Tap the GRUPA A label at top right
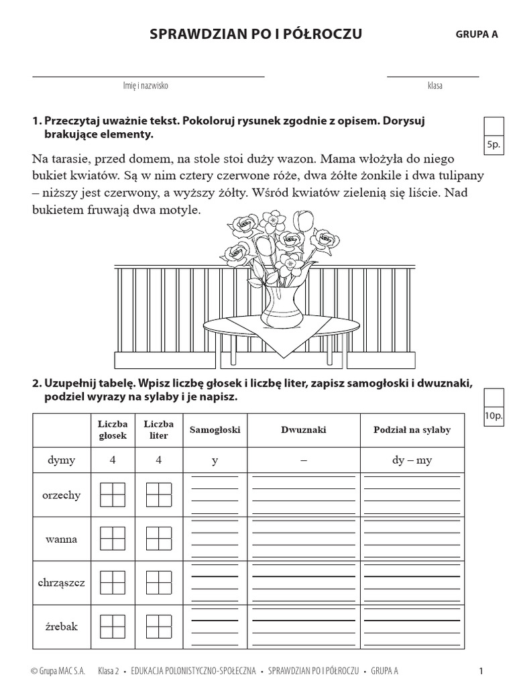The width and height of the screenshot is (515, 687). pos(477,35)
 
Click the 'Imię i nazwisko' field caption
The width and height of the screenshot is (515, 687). pos(146,86)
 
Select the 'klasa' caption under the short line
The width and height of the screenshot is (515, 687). pos(435,86)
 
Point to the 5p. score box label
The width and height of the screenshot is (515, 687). pos(493,145)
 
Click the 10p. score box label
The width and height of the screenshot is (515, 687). pos(493,416)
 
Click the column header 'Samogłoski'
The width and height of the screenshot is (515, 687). pos(214,430)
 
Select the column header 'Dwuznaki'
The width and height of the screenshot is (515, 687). pos(303,430)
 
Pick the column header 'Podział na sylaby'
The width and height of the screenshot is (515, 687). pos(412,430)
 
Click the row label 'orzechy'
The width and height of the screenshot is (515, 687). pos(61,495)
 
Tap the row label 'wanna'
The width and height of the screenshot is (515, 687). pos(61,539)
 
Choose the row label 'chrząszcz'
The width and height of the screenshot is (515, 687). pos(61,582)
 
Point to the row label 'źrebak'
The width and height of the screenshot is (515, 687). pos(61,626)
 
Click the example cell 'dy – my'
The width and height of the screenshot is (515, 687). pos(412,461)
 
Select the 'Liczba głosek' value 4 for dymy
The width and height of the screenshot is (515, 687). pos(112,461)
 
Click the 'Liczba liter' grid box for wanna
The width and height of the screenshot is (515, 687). pos(158,539)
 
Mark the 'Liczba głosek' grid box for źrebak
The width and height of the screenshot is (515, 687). pos(112,626)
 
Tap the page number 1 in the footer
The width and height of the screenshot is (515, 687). pos(481,670)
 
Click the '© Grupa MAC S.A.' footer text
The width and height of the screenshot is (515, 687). pos(58,670)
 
